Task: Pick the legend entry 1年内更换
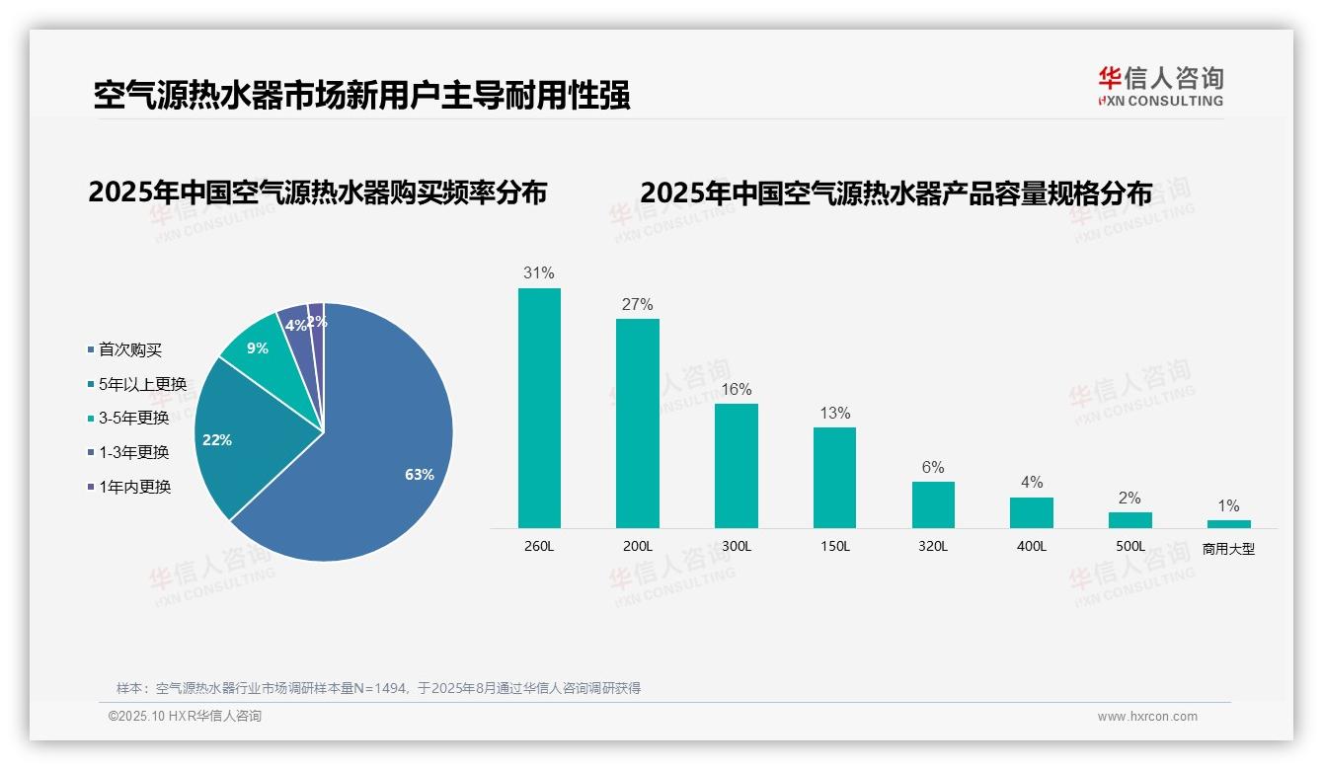coord(134,487)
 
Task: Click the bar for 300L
coord(737,465)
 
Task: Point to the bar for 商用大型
coord(1228,524)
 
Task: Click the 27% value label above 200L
coord(637,304)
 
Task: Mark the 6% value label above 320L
coord(933,467)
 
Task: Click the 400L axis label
coord(1031,546)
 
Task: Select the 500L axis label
coord(1129,546)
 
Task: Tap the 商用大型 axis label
coord(1228,549)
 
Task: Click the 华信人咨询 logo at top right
coord(1160,86)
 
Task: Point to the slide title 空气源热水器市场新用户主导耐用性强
coord(361,96)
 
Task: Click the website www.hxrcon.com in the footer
coord(1147,717)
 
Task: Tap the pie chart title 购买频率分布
coord(317,192)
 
